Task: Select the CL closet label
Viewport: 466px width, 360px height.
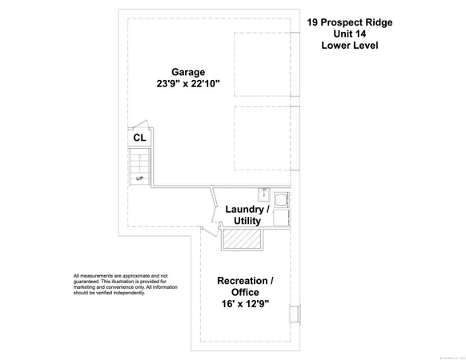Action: [x=139, y=138]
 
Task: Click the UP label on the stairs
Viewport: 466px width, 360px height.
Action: [x=139, y=178]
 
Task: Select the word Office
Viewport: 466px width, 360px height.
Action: [x=245, y=293]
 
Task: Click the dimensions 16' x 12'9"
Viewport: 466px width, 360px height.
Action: [x=245, y=305]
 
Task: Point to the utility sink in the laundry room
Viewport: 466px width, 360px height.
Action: [x=263, y=194]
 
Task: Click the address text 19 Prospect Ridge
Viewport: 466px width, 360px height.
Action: [x=350, y=22]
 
